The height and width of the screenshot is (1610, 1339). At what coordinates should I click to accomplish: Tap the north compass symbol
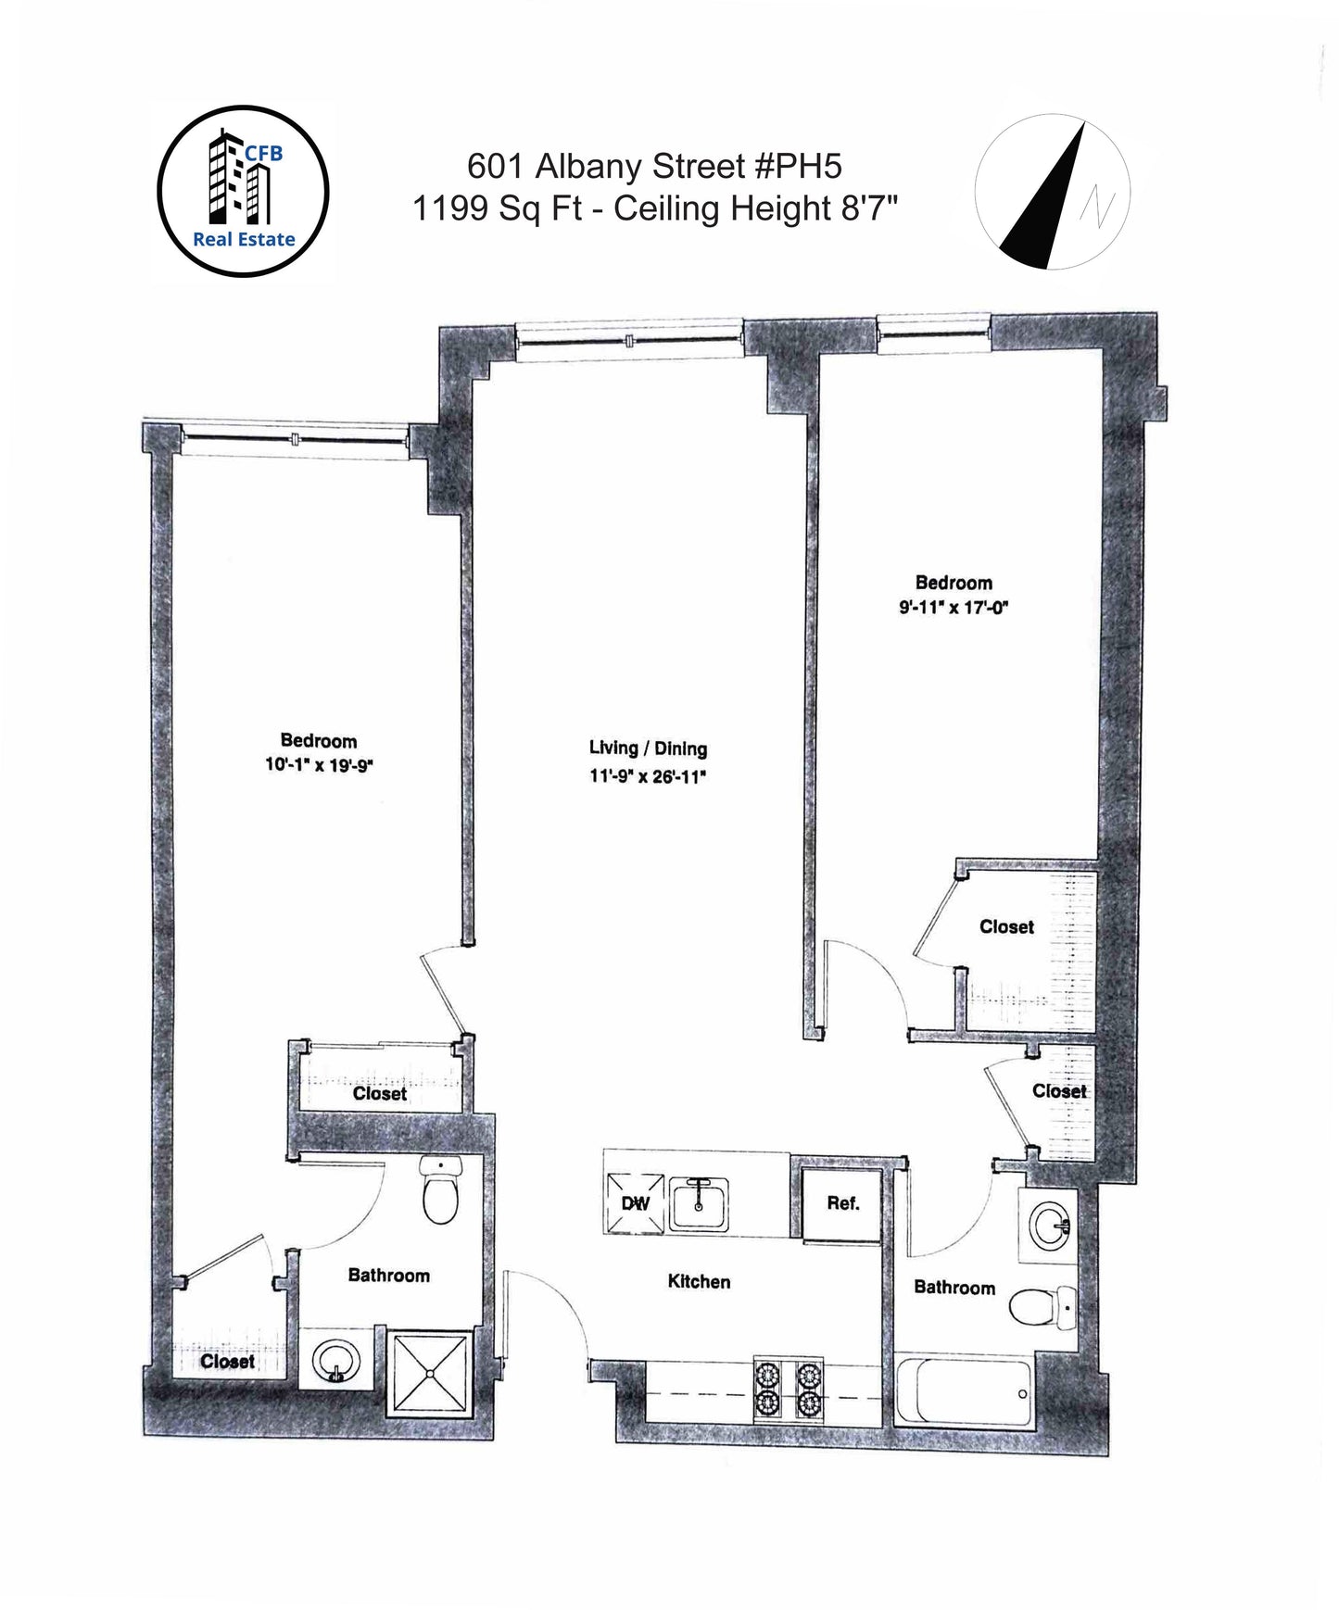coord(1052,193)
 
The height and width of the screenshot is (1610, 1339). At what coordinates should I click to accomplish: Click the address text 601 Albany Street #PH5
coord(654,167)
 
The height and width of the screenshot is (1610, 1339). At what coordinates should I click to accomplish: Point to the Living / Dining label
coord(648,748)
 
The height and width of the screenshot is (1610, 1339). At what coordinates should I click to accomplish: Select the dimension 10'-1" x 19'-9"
coord(319,766)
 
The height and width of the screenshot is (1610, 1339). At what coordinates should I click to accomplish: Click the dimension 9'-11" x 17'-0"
coord(953,608)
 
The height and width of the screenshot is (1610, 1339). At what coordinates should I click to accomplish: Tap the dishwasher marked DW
coord(636,1203)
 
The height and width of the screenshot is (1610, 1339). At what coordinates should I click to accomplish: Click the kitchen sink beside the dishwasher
coord(699,1203)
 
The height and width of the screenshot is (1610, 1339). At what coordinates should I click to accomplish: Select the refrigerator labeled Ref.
coord(842,1204)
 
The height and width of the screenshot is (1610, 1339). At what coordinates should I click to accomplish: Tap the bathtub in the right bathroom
coord(964,1391)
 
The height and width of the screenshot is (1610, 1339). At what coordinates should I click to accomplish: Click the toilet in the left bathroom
coord(441,1189)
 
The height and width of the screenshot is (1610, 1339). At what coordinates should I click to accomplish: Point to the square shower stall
coord(428,1373)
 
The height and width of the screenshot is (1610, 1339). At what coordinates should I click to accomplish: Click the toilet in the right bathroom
coord(1042,1308)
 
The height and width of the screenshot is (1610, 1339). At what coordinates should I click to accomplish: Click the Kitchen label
coord(699,1282)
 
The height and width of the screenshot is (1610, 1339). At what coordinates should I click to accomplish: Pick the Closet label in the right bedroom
coord(1006,926)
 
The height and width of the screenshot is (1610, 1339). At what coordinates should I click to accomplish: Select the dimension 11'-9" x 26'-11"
coord(648,776)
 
